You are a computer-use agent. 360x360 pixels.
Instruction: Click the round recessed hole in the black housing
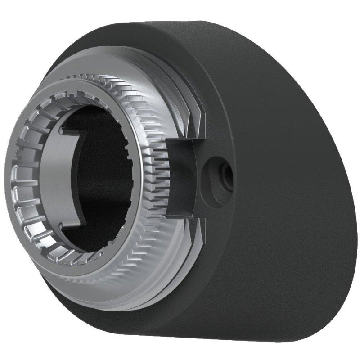(x=218, y=172)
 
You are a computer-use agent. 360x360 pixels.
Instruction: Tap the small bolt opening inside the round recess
(x=223, y=171)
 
